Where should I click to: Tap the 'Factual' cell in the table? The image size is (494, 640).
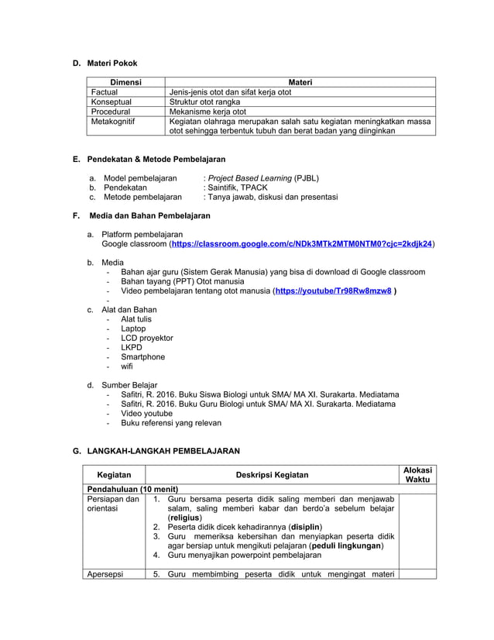105,92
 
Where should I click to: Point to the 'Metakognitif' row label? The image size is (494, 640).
113,122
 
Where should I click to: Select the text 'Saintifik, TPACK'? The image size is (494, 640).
234,188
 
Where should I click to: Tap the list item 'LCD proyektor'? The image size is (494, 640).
146,338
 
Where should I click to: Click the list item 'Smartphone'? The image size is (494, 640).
142,357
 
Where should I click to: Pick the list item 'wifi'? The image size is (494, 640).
127,366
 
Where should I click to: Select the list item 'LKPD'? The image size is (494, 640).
132,348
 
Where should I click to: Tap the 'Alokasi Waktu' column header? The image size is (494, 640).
418,475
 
